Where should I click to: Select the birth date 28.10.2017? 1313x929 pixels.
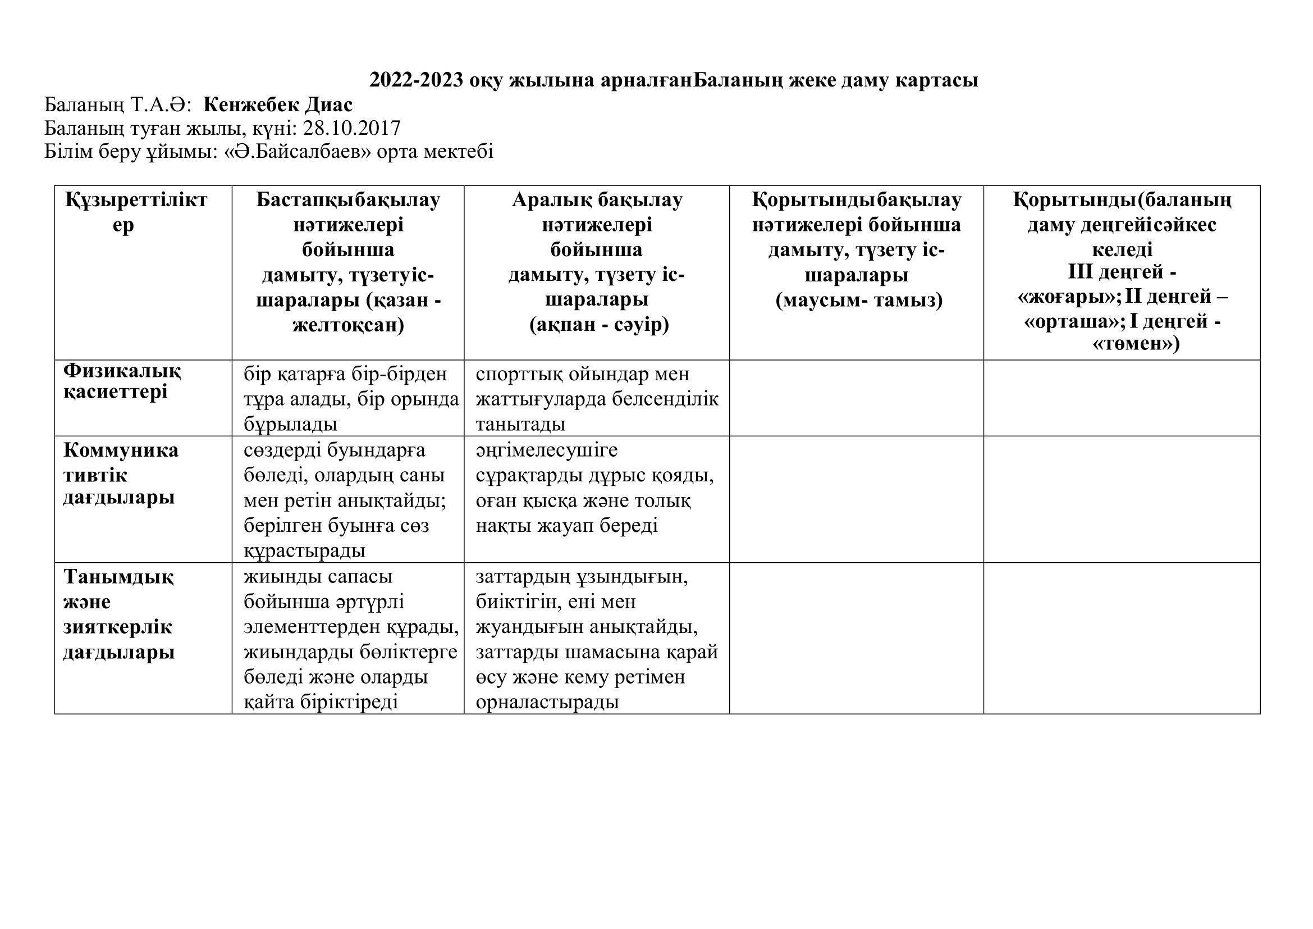pos(352,127)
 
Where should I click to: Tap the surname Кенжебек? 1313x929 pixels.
pos(251,104)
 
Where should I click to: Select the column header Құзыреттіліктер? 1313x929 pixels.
pos(136,212)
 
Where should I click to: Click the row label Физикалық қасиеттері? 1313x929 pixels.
pos(122,381)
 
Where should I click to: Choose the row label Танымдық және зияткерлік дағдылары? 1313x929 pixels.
pos(118,614)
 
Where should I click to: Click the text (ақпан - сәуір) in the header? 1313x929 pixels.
pos(599,325)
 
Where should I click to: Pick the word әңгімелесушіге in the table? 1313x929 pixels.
pos(546,450)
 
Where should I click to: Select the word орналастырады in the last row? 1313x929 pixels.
pos(547,702)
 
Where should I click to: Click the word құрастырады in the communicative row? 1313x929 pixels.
pos(305,551)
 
